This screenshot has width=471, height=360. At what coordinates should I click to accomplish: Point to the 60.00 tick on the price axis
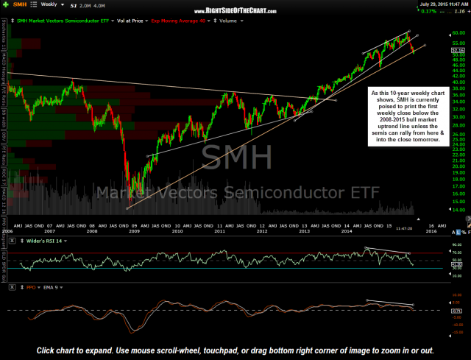click(x=438, y=33)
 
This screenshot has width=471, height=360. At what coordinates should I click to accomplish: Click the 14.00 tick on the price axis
click(x=438, y=210)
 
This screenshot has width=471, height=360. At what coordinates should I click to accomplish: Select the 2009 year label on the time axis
click(x=134, y=230)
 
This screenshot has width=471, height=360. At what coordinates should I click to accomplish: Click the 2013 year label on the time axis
click(x=304, y=230)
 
